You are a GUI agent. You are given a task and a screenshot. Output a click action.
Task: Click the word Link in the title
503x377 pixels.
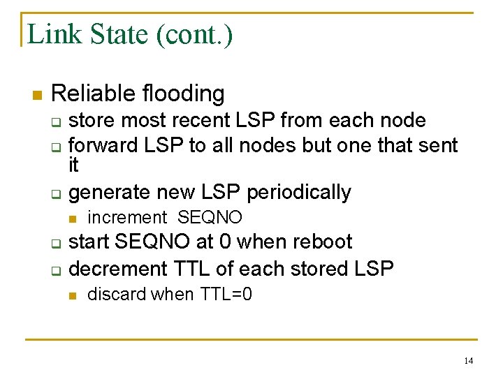coord(50,34)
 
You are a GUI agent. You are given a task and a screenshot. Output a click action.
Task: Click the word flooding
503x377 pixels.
coord(182,93)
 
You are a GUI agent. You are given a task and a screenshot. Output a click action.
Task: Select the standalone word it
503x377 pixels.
coord(74,166)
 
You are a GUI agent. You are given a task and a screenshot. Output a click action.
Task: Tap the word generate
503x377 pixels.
coord(113,192)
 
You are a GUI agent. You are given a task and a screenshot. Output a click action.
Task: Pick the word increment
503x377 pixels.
coord(127,217)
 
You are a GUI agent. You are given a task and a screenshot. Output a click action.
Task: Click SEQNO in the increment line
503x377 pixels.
coord(210,217)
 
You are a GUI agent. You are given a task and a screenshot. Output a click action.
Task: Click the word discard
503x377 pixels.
coord(117,294)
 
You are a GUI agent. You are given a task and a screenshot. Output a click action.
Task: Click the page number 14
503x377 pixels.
coord(468,361)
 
